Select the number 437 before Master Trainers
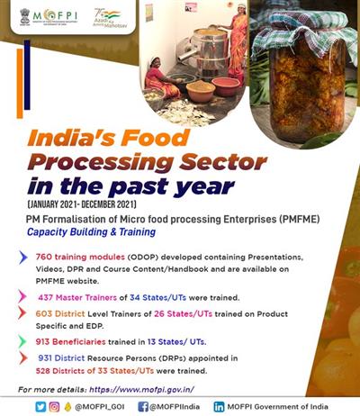pyautogui.click(x=49, y=295)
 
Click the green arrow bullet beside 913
pyautogui.click(x=22, y=342)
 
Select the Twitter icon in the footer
pyautogui.click(x=40, y=406)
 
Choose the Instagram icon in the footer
pyautogui.click(x=55, y=406)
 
